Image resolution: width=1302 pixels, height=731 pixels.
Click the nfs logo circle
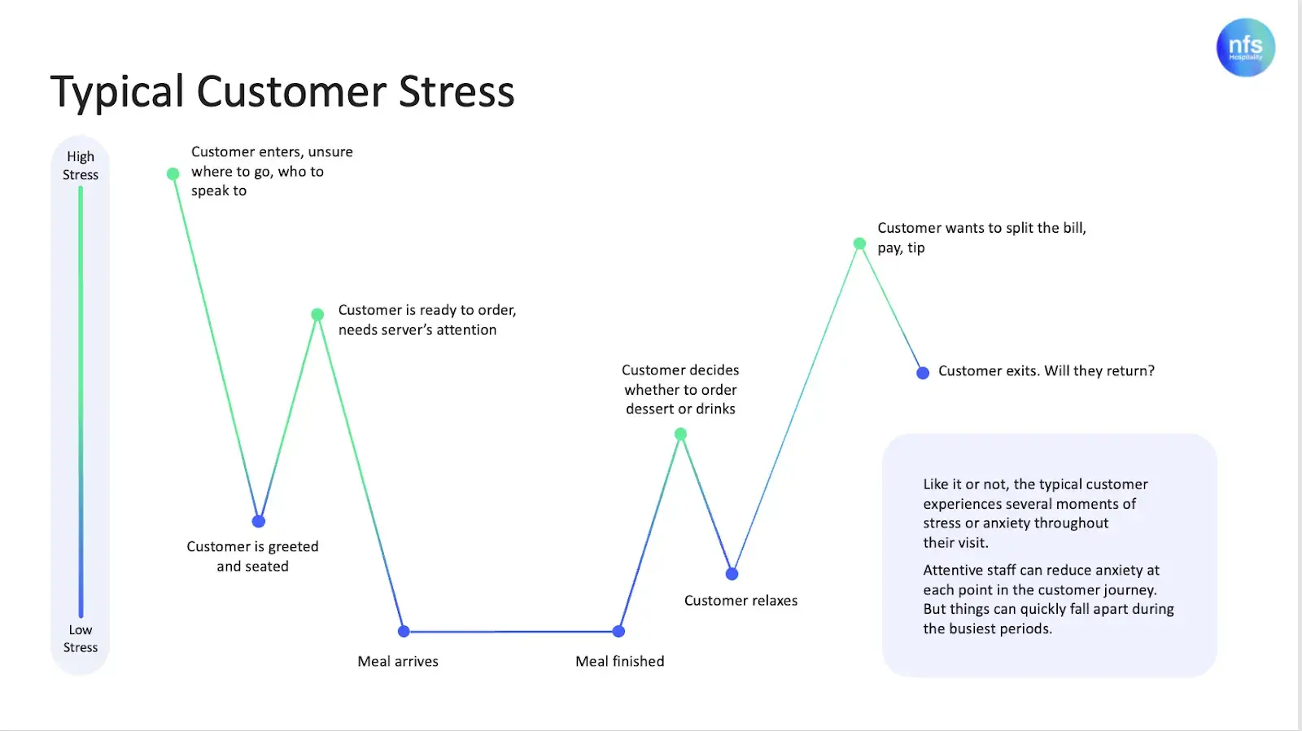(x=1245, y=47)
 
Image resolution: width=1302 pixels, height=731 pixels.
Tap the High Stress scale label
(x=81, y=165)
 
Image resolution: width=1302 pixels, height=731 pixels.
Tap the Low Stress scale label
(x=81, y=638)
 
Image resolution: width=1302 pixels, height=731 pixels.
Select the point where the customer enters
(x=173, y=173)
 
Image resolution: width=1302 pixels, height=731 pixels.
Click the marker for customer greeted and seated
(x=259, y=521)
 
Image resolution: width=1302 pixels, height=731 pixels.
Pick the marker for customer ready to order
(x=318, y=314)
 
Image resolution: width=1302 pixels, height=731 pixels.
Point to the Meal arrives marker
(x=404, y=631)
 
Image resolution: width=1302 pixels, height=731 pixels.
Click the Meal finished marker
(x=618, y=631)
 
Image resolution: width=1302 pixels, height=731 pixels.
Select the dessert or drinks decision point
(x=681, y=434)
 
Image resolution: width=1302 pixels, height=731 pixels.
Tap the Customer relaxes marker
(x=732, y=574)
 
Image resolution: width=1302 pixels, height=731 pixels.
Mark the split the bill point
(x=859, y=243)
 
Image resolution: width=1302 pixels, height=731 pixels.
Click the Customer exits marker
(x=923, y=373)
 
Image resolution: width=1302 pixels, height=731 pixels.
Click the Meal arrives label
(x=398, y=661)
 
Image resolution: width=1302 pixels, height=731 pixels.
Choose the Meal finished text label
(x=619, y=661)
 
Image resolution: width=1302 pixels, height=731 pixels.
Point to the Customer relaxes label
(x=741, y=601)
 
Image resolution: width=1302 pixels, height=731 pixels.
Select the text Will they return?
(x=1099, y=371)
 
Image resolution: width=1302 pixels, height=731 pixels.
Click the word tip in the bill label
(x=916, y=248)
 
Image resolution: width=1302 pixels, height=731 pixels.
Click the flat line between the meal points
(x=511, y=631)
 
